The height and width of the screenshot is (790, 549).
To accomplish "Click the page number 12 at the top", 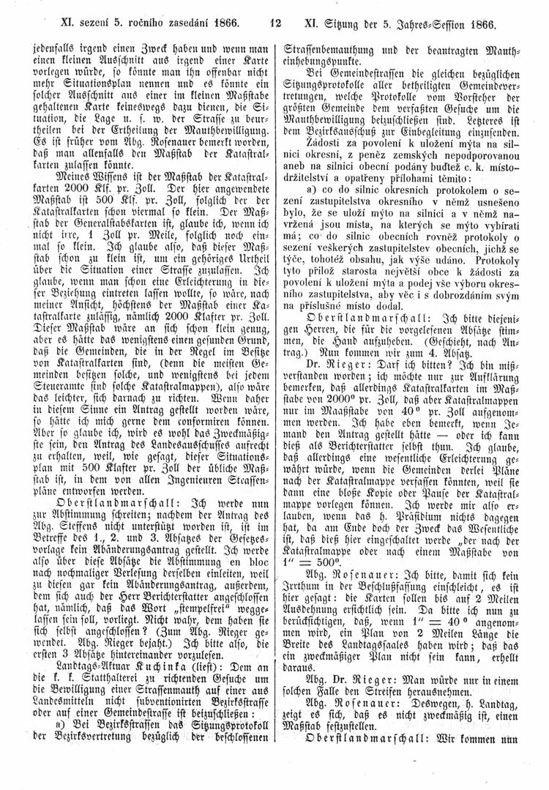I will (274, 23).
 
